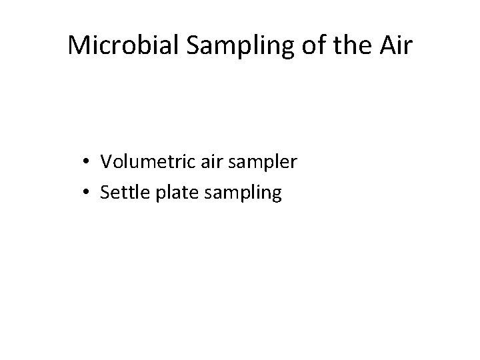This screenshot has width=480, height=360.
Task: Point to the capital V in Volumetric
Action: pos(106,161)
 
